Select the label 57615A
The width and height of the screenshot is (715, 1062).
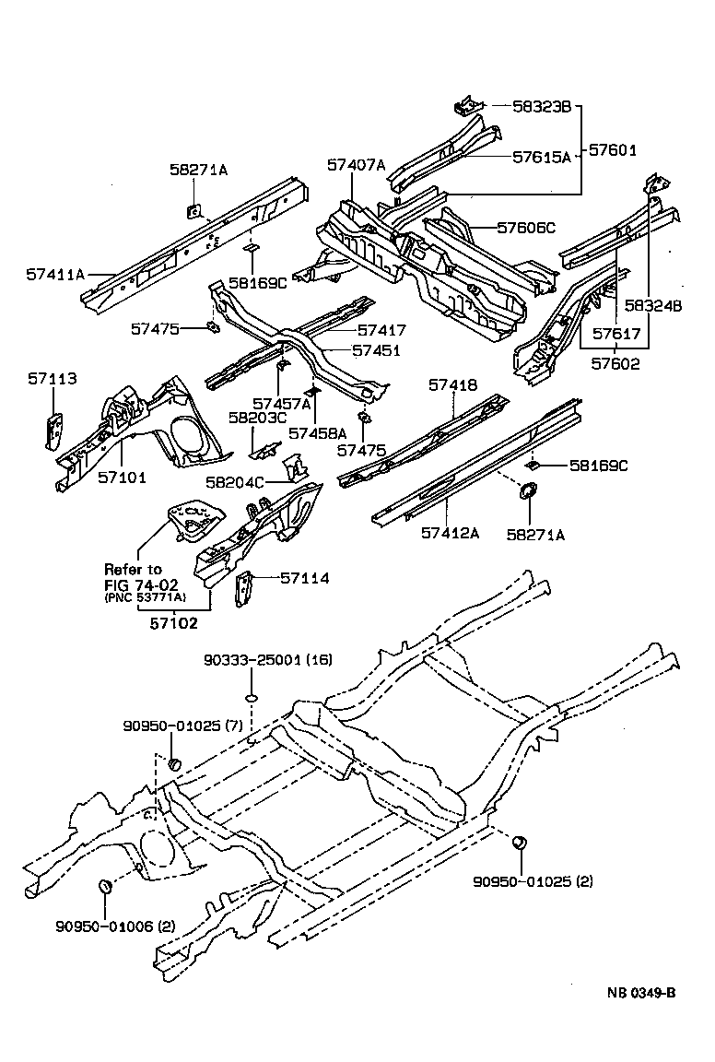click(x=542, y=157)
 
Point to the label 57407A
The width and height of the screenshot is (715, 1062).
click(x=356, y=165)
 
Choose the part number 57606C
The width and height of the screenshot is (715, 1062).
click(x=526, y=228)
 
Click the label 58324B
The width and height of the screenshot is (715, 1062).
click(x=652, y=306)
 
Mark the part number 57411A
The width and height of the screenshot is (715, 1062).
click(x=55, y=274)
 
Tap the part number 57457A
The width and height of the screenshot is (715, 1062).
click(x=283, y=403)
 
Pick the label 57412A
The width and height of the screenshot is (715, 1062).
click(x=451, y=533)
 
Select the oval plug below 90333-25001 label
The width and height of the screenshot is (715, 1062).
click(x=250, y=698)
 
